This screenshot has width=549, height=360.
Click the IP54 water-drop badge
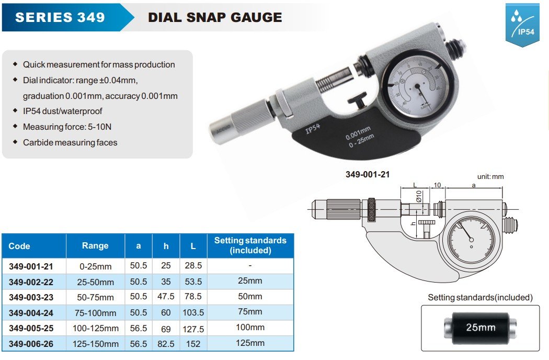tap(522, 25)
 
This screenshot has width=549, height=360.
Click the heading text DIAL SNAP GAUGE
tap(215, 17)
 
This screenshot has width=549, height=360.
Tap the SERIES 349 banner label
tap(60, 17)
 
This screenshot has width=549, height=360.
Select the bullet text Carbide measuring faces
tap(70, 142)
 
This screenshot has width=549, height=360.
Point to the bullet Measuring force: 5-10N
tap(67, 127)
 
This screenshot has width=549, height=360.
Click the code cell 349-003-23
tap(31, 297)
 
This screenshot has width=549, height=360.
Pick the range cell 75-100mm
tap(95, 313)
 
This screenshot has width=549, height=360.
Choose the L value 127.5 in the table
tap(193, 329)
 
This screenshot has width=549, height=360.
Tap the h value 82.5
tap(166, 344)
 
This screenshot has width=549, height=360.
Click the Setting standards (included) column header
tap(250, 245)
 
